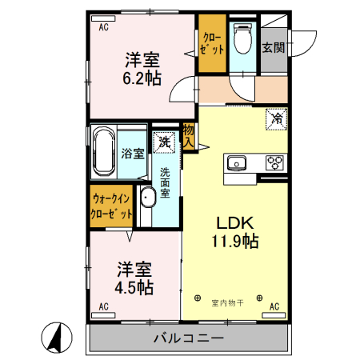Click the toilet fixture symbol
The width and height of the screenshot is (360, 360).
[x=242, y=38]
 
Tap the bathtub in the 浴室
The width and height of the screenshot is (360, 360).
[x=104, y=152]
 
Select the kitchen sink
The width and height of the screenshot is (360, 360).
[x=236, y=163]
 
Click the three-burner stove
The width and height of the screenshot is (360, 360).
[x=274, y=162]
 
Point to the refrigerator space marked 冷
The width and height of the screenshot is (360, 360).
[x=277, y=118]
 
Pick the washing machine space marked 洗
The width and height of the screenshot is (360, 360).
[x=164, y=142]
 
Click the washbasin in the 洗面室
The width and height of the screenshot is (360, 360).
[x=148, y=197]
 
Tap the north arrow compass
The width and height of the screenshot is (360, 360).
[x=57, y=338]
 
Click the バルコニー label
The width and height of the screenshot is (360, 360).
[x=189, y=338]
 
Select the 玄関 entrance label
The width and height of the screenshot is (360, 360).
[x=274, y=48]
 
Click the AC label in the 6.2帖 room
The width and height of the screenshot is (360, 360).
[x=104, y=27]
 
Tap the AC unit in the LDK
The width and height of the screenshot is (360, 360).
[x=274, y=315]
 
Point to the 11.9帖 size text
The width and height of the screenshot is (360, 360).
[x=235, y=242]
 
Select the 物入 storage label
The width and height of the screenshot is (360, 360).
[x=189, y=136]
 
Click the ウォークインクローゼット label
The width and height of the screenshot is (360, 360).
[x=111, y=206]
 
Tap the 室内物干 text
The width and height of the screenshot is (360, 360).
[x=227, y=303]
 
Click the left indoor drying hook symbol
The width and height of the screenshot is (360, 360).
[x=198, y=298]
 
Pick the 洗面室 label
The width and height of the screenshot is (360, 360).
[x=165, y=182]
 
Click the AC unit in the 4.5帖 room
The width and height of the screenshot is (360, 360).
[x=103, y=315]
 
